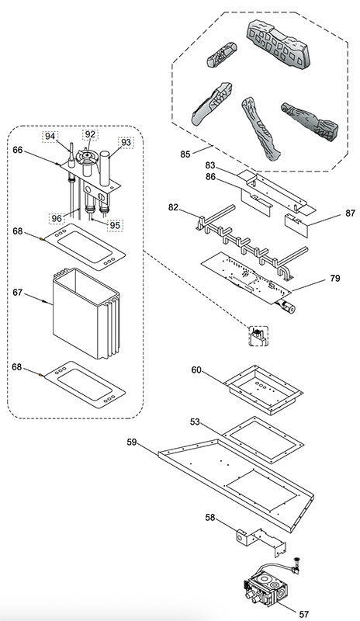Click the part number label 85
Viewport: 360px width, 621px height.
click(185, 154)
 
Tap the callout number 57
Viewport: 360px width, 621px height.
click(304, 614)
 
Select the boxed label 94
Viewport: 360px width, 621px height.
click(50, 137)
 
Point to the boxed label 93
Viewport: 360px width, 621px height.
click(126, 142)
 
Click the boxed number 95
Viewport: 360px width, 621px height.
click(115, 225)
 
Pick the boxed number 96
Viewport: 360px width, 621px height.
click(57, 218)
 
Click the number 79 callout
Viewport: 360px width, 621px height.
click(335, 279)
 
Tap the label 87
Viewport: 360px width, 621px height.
click(350, 213)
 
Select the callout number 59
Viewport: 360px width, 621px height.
click(132, 442)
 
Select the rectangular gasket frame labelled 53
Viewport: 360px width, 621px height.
click(263, 440)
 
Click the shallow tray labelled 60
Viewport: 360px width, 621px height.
click(263, 390)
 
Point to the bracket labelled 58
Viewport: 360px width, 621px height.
click(261, 541)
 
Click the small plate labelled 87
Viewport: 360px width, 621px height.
click(296, 226)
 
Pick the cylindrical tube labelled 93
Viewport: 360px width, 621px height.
click(105, 168)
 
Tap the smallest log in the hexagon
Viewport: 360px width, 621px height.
click(222, 54)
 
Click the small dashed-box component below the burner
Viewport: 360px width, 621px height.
click(258, 336)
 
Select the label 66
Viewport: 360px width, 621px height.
click(18, 150)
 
